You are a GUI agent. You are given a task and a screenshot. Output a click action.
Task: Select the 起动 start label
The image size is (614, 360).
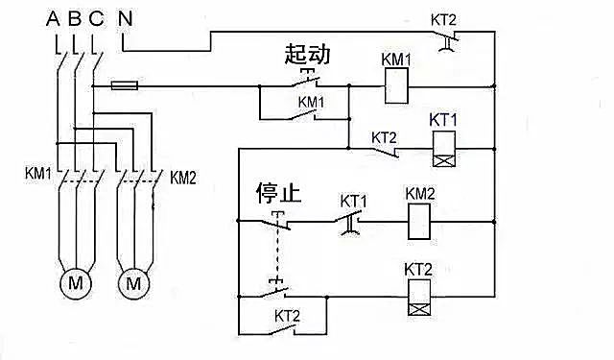pyautogui.click(x=307, y=55)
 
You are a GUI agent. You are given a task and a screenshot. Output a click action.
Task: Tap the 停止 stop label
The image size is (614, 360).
pyautogui.click(x=278, y=193)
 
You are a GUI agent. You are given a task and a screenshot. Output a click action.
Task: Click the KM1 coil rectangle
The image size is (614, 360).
pyautogui.click(x=397, y=87)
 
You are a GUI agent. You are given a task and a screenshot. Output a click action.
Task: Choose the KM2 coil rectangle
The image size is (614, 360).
pyautogui.click(x=420, y=223)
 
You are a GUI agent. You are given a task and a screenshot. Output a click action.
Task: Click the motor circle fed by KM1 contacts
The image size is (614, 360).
pyautogui.click(x=74, y=283)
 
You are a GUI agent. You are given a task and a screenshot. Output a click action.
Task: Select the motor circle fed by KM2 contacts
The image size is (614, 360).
pyautogui.click(x=133, y=283)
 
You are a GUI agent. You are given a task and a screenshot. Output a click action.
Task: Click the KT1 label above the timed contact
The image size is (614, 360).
pyautogui.click(x=354, y=201)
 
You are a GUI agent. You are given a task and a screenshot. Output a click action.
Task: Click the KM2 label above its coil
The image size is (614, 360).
pyautogui.click(x=420, y=194)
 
